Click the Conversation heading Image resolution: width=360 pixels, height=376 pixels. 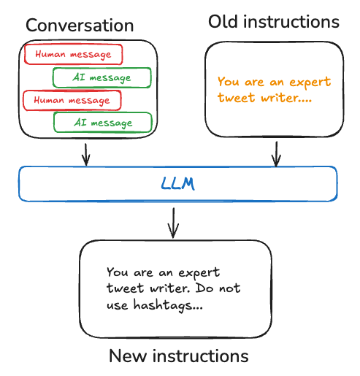coord(80,26)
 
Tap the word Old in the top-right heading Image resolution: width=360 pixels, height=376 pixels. coord(224,22)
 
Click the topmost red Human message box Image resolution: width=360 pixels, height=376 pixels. coord(72,54)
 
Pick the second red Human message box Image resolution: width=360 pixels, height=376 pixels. coord(72,99)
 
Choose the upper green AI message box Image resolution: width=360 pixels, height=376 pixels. coord(102,77)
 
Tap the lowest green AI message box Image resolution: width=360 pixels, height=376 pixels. coord(103,123)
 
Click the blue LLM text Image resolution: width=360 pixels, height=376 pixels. coord(179,183)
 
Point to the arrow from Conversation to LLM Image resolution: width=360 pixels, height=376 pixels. coord(86,153)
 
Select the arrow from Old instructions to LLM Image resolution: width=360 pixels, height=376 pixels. coord(276,153)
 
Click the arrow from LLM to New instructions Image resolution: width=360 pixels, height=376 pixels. coord(173,223)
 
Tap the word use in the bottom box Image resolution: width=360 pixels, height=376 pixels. coord(117,307)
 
